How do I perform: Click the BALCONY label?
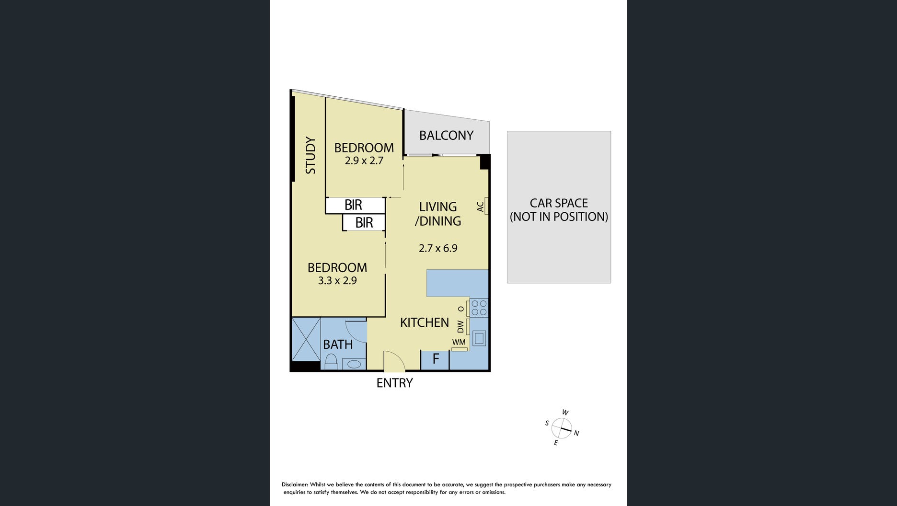coord(446,136)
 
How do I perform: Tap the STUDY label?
coord(310,155)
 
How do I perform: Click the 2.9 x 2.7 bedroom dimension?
coord(364,161)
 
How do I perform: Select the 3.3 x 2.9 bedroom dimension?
coord(337,281)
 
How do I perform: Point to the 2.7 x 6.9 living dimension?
coord(438,248)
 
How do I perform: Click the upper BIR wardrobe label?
coord(353,205)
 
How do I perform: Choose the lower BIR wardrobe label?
coord(364,223)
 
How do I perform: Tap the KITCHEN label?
coord(425,322)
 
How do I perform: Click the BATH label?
coord(338,345)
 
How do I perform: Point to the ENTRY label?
coord(394,383)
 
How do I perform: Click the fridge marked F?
coord(435,360)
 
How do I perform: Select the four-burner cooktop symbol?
coord(479,308)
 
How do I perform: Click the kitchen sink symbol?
coord(479,338)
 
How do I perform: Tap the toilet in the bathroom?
coord(331,362)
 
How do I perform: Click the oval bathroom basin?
coord(354,364)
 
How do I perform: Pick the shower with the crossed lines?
coord(306,339)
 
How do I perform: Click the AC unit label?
coord(480,207)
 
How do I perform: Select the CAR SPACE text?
coord(559,203)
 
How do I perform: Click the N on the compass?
coord(576,434)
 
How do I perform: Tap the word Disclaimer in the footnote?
coord(295,485)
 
